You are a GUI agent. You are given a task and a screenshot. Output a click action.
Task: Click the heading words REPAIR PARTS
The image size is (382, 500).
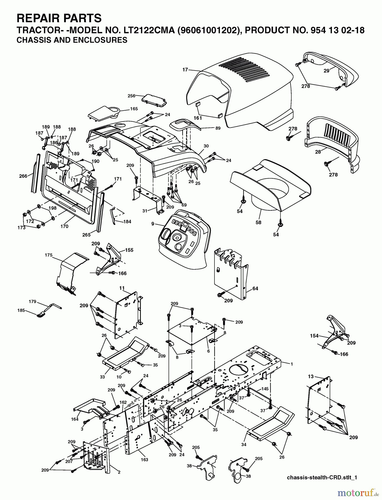[x=59, y=18]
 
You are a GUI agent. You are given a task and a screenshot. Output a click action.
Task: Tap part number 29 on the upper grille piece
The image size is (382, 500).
[x=326, y=71]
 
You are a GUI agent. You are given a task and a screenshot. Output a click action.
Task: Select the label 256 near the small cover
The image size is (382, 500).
[x=131, y=96]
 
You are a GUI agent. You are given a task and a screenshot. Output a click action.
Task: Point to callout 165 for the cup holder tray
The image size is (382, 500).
[x=134, y=109]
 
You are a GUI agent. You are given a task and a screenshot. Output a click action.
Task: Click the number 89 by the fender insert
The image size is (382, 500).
[x=218, y=128]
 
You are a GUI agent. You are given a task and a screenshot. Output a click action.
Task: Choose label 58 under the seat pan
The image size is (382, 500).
[x=258, y=222]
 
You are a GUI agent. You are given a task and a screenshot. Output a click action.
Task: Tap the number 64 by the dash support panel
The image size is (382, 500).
[x=255, y=289]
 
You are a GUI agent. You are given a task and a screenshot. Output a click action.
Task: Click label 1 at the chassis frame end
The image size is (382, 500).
[x=292, y=364]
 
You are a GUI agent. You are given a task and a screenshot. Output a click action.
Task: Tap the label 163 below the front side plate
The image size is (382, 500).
[x=144, y=460]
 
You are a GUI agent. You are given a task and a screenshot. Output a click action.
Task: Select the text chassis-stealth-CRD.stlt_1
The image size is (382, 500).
[x=321, y=477]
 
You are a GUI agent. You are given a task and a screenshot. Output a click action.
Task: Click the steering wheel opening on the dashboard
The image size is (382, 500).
[x=176, y=237]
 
